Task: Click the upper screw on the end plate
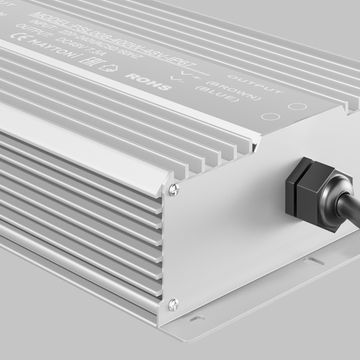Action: [177, 183]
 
